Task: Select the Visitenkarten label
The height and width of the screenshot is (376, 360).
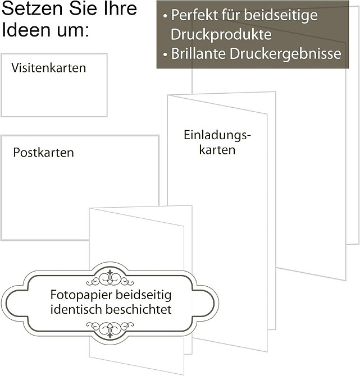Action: [48, 67]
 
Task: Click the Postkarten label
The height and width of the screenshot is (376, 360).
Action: [43, 153]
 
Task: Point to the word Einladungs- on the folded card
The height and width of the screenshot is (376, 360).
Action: [217, 135]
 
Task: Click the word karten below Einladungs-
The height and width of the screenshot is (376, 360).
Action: [217, 150]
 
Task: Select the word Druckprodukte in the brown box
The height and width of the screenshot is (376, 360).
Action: [221, 34]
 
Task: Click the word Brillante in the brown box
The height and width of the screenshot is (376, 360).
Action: [198, 53]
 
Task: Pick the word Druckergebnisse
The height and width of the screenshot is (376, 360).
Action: [285, 54]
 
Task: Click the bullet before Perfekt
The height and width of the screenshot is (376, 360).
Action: [165, 16]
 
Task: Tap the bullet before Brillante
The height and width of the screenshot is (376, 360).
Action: [165, 54]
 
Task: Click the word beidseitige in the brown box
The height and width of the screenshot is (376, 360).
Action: [281, 15]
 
